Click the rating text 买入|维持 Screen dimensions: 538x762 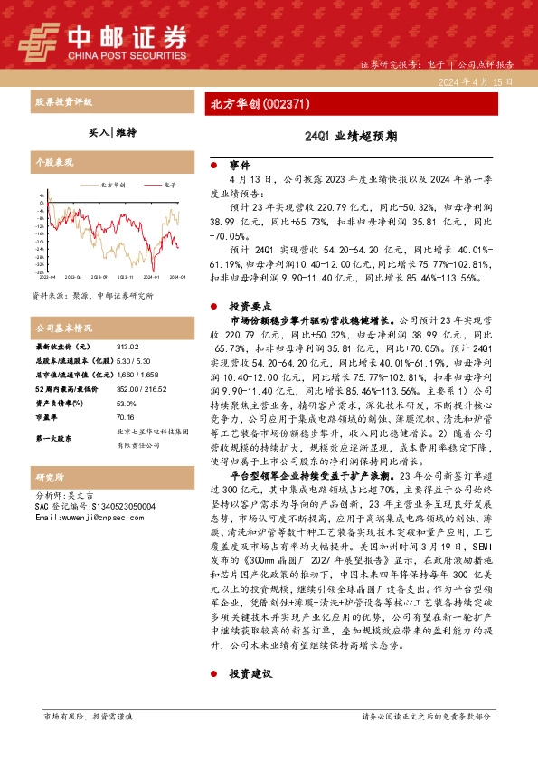(x=113, y=132)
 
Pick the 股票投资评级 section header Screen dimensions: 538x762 (x=62, y=102)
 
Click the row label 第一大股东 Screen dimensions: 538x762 (x=53, y=438)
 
